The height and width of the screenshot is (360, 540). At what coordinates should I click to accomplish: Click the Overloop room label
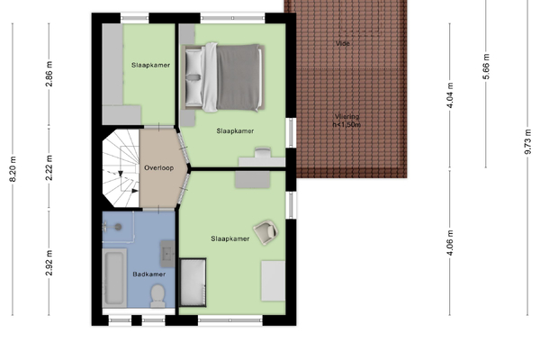pos(158,168)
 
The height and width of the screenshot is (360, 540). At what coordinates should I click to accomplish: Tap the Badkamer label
pos(148,274)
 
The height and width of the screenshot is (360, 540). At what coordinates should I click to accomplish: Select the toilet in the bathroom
pos(157,295)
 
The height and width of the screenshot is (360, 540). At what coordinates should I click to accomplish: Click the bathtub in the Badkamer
pos(114,278)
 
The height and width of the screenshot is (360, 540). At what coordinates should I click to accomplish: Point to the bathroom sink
pos(167,254)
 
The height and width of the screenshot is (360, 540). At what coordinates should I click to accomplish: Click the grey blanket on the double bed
pos(238,77)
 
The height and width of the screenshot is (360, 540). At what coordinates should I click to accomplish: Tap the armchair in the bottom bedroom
pos(265,232)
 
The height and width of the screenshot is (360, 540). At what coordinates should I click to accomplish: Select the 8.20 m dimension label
pos(13,169)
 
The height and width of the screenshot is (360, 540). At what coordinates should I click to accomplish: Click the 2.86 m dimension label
pos(49,74)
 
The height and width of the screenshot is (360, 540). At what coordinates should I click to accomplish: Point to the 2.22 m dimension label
pos(49,167)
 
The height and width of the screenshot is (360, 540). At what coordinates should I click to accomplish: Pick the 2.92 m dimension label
pos(49,263)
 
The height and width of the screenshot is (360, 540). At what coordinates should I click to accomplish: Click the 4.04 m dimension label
pos(450,95)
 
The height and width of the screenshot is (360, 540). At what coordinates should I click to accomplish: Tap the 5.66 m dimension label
pos(486,67)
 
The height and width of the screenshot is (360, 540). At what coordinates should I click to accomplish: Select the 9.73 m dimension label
pos(527,142)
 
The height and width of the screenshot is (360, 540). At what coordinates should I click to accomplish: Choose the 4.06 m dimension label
pos(450,243)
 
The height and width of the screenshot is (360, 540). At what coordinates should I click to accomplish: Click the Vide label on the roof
pos(343,43)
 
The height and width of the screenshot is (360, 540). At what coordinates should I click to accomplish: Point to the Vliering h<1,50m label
pos(346,121)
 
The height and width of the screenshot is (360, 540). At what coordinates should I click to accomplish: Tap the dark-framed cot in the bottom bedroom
pos(193,282)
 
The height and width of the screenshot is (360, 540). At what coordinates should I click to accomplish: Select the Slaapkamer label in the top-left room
pos(150,65)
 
